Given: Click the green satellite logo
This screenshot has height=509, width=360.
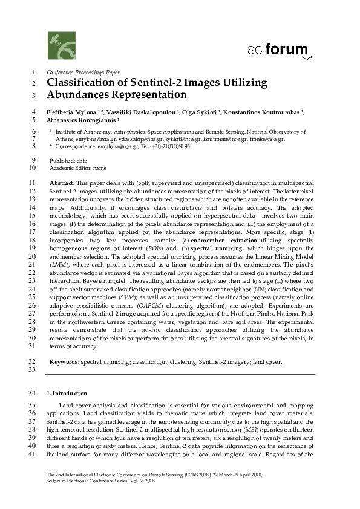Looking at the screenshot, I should pyautogui.click(x=61, y=45).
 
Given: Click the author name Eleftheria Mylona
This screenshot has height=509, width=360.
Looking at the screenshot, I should pyautogui.click(x=75, y=112).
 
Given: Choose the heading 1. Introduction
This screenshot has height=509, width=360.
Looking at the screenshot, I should pyautogui.click(x=69, y=394).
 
